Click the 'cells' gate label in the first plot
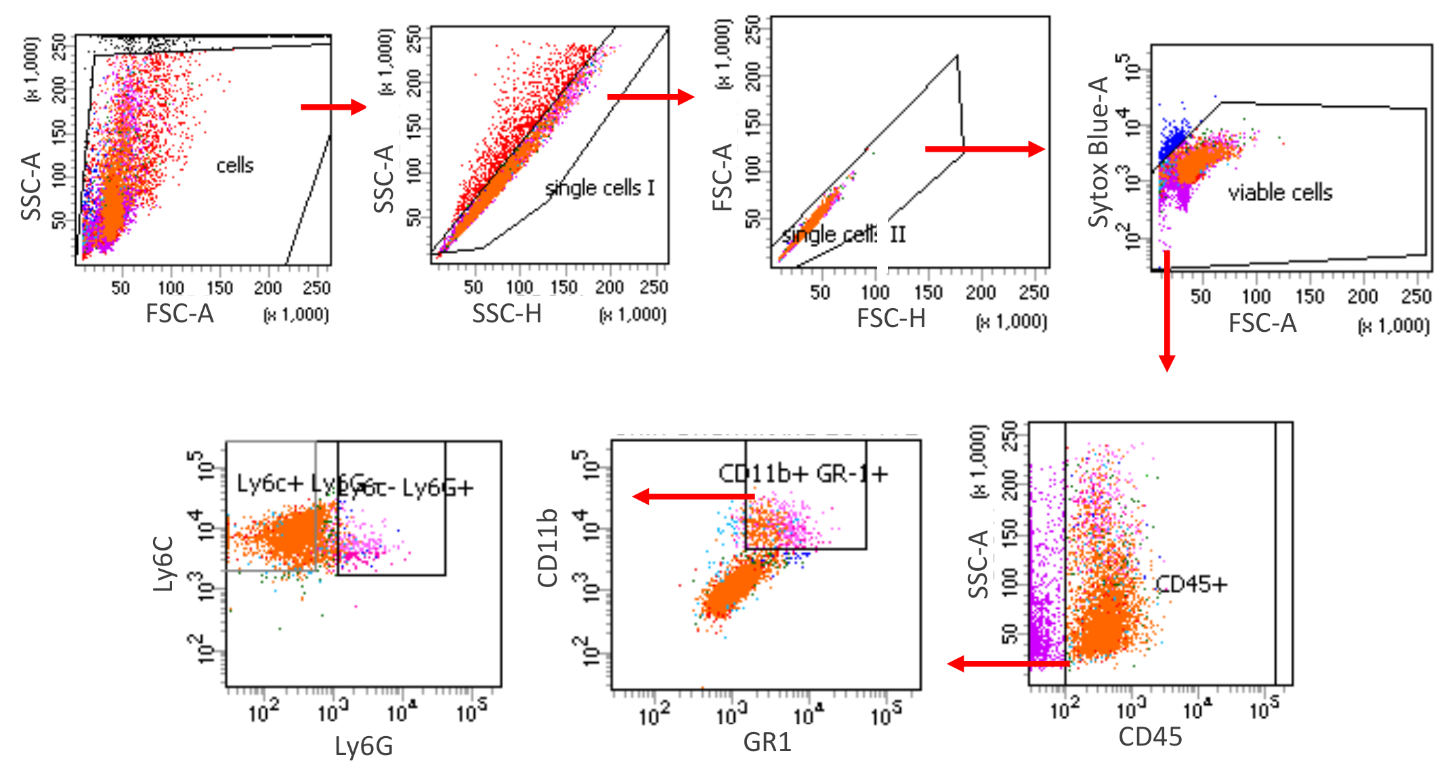pyautogui.click(x=234, y=165)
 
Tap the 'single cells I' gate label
pyautogui.click(x=600, y=188)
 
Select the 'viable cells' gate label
pyautogui.click(x=1279, y=193)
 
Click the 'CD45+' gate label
pyautogui.click(x=1191, y=584)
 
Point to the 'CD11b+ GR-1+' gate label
pyautogui.click(x=803, y=473)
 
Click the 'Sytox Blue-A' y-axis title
pyautogui.click(x=1098, y=152)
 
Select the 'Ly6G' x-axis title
pyautogui.click(x=364, y=746)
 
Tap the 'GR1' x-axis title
pyautogui.click(x=767, y=742)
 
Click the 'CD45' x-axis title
pyautogui.click(x=1150, y=737)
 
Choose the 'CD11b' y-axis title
pyautogui.click(x=547, y=547)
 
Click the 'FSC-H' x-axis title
pyautogui.click(x=891, y=318)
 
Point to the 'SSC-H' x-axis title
pyautogui.click(x=507, y=314)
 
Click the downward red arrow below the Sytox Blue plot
pyautogui.click(x=1166, y=312)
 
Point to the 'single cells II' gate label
pyautogui.click(x=844, y=235)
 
